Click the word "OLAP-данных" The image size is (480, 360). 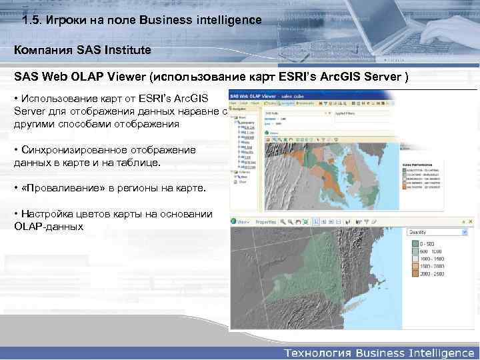[48, 226]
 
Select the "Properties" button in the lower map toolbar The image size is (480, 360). [265, 221]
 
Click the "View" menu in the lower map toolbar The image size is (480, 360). [241, 221]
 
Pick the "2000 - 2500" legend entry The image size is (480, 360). [431, 273]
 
